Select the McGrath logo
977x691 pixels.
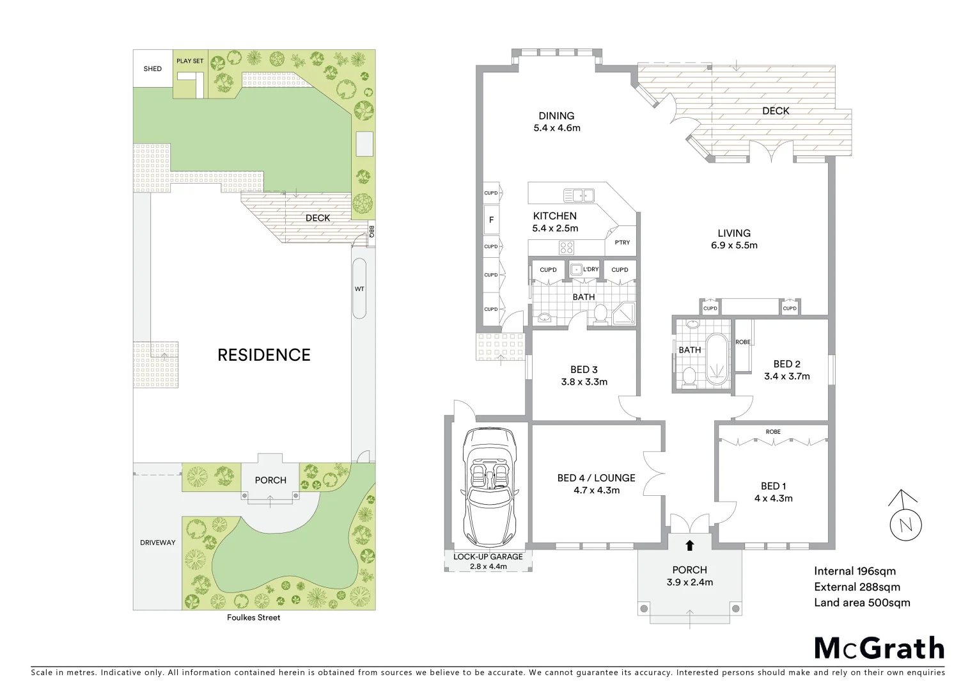click(879, 648)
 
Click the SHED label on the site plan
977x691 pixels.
click(153, 69)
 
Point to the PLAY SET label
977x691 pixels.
click(190, 61)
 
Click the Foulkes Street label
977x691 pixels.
click(254, 618)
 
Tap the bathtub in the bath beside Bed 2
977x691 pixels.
click(717, 359)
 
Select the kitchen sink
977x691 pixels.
click(579, 195)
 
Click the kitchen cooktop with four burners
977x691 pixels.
click(567, 247)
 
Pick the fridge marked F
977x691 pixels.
click(492, 220)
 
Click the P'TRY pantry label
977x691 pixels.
click(622, 242)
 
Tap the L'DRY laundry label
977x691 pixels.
click(591, 269)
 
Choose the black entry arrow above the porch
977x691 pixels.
click(690, 546)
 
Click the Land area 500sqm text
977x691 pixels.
click(862, 603)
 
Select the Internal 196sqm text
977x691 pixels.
click(855, 571)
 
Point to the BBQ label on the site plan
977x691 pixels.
click(371, 231)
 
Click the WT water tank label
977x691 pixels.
click(359, 289)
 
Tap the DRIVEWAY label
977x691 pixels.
click(158, 543)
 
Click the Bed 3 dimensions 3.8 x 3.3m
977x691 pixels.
click(584, 382)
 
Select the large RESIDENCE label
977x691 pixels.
click(264, 355)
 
